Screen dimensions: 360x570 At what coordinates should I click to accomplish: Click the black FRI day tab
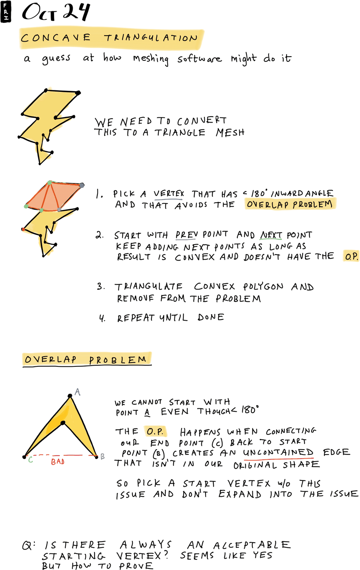pyautogui.click(x=5, y=12)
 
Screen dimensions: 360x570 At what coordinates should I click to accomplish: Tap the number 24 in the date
pyautogui.click(x=76, y=12)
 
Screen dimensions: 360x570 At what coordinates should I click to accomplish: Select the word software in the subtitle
pyautogui.click(x=199, y=59)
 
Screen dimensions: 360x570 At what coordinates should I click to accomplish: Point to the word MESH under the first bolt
pyautogui.click(x=230, y=132)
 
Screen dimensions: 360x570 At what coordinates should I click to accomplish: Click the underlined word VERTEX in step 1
pyautogui.click(x=169, y=194)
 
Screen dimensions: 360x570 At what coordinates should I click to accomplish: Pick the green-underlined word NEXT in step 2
pyautogui.click(x=271, y=235)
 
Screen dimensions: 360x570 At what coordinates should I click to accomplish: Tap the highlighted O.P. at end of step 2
pyautogui.click(x=351, y=256)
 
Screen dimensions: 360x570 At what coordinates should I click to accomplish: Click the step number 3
pyautogui.click(x=100, y=286)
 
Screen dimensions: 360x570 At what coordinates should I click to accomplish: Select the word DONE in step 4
pyautogui.click(x=211, y=317)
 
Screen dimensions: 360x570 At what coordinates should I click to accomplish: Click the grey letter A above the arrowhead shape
pyautogui.click(x=78, y=392)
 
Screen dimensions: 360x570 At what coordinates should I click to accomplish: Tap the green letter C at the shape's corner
pyautogui.click(x=31, y=459)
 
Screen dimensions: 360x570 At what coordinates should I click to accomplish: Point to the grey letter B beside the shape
pyautogui.click(x=102, y=456)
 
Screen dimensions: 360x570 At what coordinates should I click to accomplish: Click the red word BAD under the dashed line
pyautogui.click(x=58, y=462)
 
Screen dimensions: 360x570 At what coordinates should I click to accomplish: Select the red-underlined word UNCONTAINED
pyautogui.click(x=278, y=452)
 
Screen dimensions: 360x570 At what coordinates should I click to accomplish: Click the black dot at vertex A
pyautogui.click(x=70, y=396)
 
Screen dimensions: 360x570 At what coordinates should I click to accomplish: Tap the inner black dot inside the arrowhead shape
pyautogui.click(x=63, y=423)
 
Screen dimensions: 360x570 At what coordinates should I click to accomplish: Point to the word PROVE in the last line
pyautogui.click(x=136, y=565)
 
